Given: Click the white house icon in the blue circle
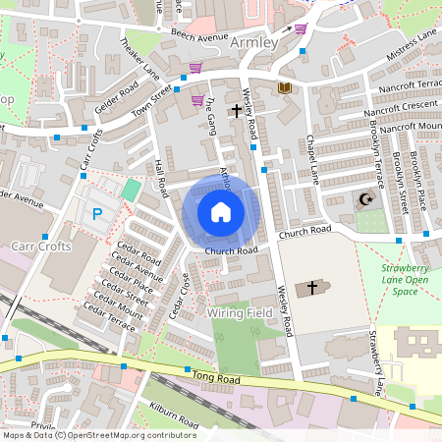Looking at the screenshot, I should point(221,211).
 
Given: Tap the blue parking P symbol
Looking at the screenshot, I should point(96,213).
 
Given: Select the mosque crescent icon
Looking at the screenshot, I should point(365,200).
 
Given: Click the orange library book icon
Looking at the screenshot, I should point(285,88).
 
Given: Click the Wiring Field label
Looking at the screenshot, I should point(240,312).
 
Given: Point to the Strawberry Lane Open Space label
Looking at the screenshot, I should point(405,280).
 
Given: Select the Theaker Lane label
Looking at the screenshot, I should point(139,58).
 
